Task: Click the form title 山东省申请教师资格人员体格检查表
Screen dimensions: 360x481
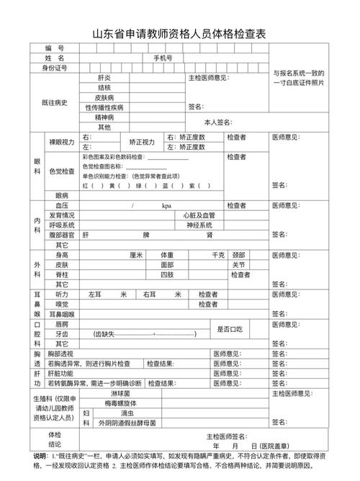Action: [x=179, y=34]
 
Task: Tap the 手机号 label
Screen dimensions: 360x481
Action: [x=162, y=58]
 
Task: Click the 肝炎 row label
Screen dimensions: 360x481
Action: [x=104, y=77]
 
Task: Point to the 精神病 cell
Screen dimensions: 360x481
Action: [x=104, y=117]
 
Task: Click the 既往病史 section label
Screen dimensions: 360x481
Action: [x=54, y=102]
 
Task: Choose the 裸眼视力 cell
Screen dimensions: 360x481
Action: [x=61, y=141]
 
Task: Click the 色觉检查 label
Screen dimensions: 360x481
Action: [x=61, y=171]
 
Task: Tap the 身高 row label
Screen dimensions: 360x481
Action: [x=61, y=255]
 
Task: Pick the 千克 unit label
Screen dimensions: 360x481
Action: [x=217, y=255]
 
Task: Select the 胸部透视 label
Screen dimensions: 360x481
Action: [x=61, y=354]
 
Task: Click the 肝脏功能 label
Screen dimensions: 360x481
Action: [x=61, y=373]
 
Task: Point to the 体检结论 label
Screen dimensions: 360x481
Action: [x=55, y=439]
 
